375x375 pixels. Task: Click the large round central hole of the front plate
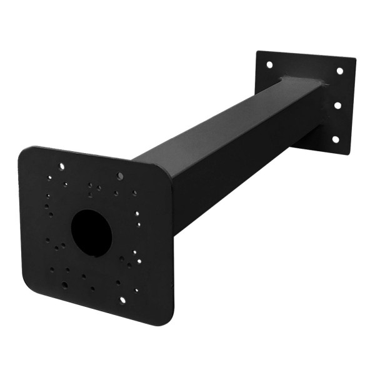click(91, 232)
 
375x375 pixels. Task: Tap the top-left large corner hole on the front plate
click(61, 167)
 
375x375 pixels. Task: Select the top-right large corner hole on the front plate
click(120, 176)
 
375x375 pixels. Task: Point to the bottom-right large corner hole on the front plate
click(122, 299)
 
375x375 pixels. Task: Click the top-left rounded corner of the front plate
click(24, 152)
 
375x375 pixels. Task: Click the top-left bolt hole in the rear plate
click(269, 64)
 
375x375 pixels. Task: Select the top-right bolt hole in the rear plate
click(340, 71)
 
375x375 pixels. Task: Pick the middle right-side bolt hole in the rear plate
click(337, 105)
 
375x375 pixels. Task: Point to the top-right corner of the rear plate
click(354, 60)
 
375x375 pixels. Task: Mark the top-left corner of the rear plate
click(257, 52)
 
